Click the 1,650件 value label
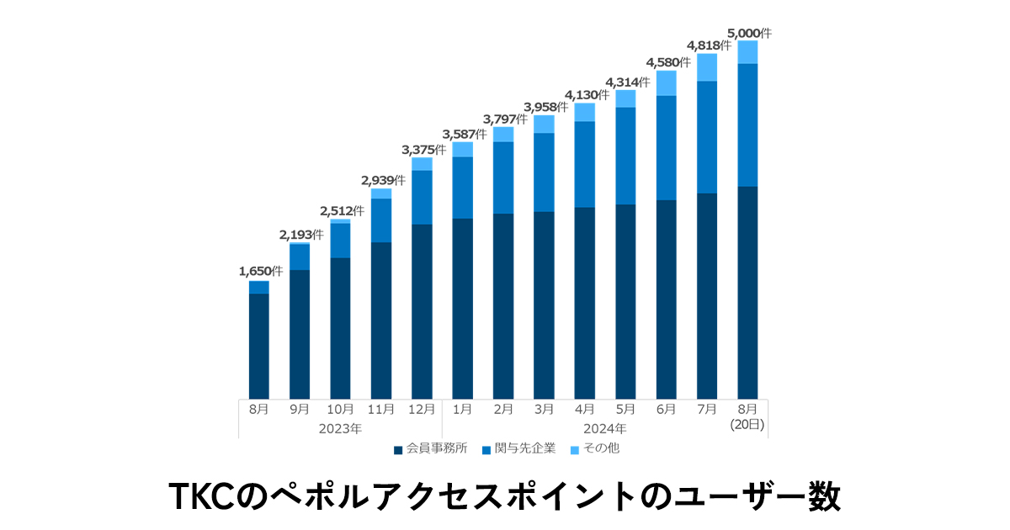pos(261,271)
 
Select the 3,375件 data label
pos(423,150)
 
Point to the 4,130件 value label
pos(586,95)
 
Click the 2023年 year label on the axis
pos(340,428)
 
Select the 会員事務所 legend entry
pos(430,448)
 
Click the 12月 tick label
pos(422,410)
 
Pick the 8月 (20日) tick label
pos(747,416)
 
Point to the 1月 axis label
pos(462,410)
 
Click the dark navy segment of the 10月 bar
pos(340,328)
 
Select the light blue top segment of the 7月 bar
pos(707,67)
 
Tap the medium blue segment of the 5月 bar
pos(625,156)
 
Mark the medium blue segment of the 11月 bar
pos(381,220)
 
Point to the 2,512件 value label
pos(342,210)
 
